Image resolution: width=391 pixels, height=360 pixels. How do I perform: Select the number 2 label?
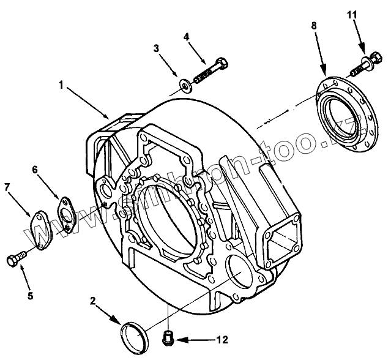click(92, 300)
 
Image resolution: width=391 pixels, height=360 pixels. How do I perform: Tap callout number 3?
click(156, 48)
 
